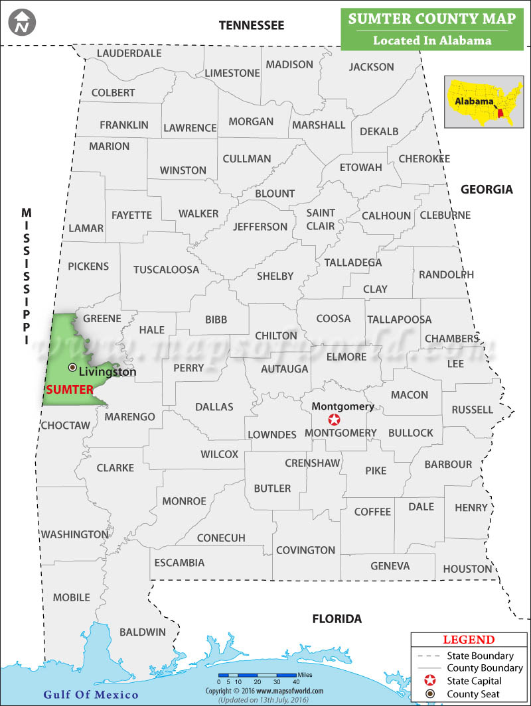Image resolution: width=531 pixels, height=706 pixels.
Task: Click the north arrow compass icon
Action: (23, 23)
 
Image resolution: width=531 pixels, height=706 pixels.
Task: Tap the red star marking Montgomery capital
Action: (335, 420)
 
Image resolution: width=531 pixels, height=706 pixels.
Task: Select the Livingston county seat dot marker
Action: (72, 367)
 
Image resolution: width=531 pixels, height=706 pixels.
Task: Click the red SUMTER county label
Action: (69, 390)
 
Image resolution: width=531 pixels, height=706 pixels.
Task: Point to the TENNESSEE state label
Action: (252, 25)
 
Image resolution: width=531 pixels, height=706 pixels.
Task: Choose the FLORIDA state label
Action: (337, 619)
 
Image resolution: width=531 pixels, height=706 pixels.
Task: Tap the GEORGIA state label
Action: (487, 190)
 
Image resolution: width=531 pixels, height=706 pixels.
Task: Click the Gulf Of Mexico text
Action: (91, 695)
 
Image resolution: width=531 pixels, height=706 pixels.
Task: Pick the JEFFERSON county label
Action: (260, 227)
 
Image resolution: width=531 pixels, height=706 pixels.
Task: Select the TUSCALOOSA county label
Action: (166, 270)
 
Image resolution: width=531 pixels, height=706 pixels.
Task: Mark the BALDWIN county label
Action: (143, 632)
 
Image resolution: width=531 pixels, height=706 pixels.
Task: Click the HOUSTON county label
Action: (467, 569)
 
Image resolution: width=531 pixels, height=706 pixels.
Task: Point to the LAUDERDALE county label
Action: (129, 53)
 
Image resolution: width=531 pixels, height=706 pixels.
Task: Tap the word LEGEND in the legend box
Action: (469, 640)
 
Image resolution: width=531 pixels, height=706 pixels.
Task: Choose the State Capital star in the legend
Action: (430, 681)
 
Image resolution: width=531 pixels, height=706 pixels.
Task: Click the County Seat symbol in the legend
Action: (430, 694)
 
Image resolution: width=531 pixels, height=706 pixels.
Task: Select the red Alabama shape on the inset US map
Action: (500, 113)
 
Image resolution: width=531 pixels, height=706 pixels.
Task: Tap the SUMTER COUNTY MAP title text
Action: (432, 20)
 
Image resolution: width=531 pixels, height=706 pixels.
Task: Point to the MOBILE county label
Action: (71, 597)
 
